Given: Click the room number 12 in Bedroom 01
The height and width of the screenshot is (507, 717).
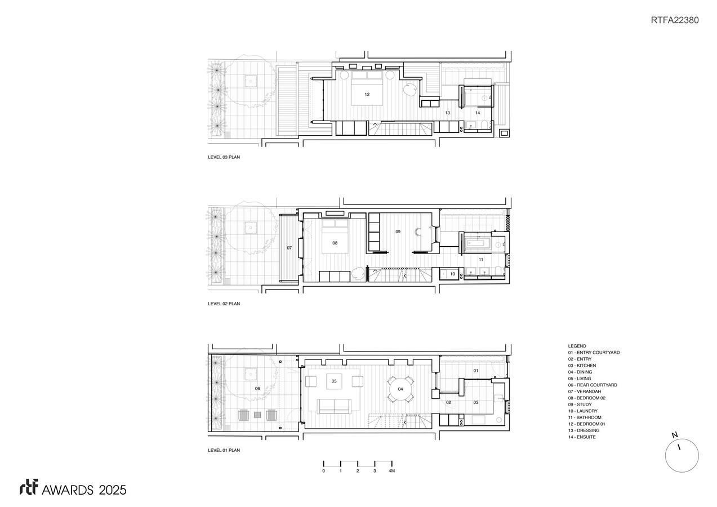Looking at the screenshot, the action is pyautogui.click(x=367, y=95).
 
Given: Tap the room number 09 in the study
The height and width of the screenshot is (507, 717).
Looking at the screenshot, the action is pyautogui.click(x=398, y=232).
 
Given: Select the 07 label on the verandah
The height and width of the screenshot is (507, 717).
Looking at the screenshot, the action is pyautogui.click(x=290, y=248).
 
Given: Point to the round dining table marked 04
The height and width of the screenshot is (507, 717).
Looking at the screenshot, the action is pyautogui.click(x=400, y=389).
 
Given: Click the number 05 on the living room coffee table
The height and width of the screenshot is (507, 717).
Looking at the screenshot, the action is pyautogui.click(x=334, y=381).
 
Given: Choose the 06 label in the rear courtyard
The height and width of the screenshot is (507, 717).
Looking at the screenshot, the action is pyautogui.click(x=257, y=389).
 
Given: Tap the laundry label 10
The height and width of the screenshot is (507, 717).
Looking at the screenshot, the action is pyautogui.click(x=453, y=274).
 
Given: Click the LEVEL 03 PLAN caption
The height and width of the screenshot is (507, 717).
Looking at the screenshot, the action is pyautogui.click(x=224, y=157).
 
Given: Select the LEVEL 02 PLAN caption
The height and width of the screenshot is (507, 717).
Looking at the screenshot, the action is pyautogui.click(x=224, y=304).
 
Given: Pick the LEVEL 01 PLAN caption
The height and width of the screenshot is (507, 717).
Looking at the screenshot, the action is pyautogui.click(x=224, y=450).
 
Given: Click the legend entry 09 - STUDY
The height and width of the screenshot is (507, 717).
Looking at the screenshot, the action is pyautogui.click(x=580, y=404).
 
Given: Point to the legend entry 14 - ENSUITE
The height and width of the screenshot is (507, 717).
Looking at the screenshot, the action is pyautogui.click(x=582, y=437).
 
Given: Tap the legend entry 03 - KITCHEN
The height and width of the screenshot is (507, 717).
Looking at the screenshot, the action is pyautogui.click(x=582, y=366).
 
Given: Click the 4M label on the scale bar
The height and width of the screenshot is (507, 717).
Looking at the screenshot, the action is pyautogui.click(x=392, y=471).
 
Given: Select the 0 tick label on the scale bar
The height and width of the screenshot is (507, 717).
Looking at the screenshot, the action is pyautogui.click(x=324, y=471).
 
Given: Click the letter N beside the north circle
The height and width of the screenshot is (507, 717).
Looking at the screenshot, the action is pyautogui.click(x=674, y=435).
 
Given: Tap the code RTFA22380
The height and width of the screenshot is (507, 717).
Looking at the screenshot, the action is pyautogui.click(x=675, y=20).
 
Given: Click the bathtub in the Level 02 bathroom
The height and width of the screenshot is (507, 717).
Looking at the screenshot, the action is pyautogui.click(x=475, y=243).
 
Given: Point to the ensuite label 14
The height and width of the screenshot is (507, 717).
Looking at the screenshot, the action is pyautogui.click(x=478, y=113).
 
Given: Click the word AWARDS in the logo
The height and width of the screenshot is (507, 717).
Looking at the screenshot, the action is pyautogui.click(x=68, y=490).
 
